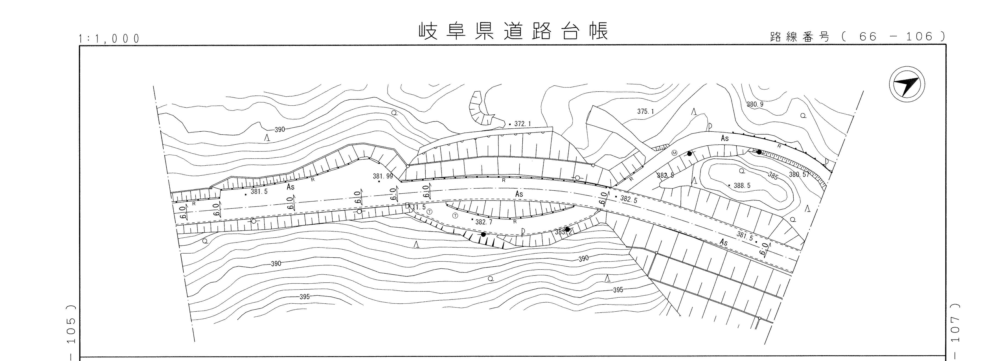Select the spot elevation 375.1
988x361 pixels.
[646, 112]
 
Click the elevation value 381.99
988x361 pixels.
[383, 176]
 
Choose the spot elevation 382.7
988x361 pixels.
[484, 222]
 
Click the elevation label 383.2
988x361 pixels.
[563, 232]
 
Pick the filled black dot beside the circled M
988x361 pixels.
[689, 154]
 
